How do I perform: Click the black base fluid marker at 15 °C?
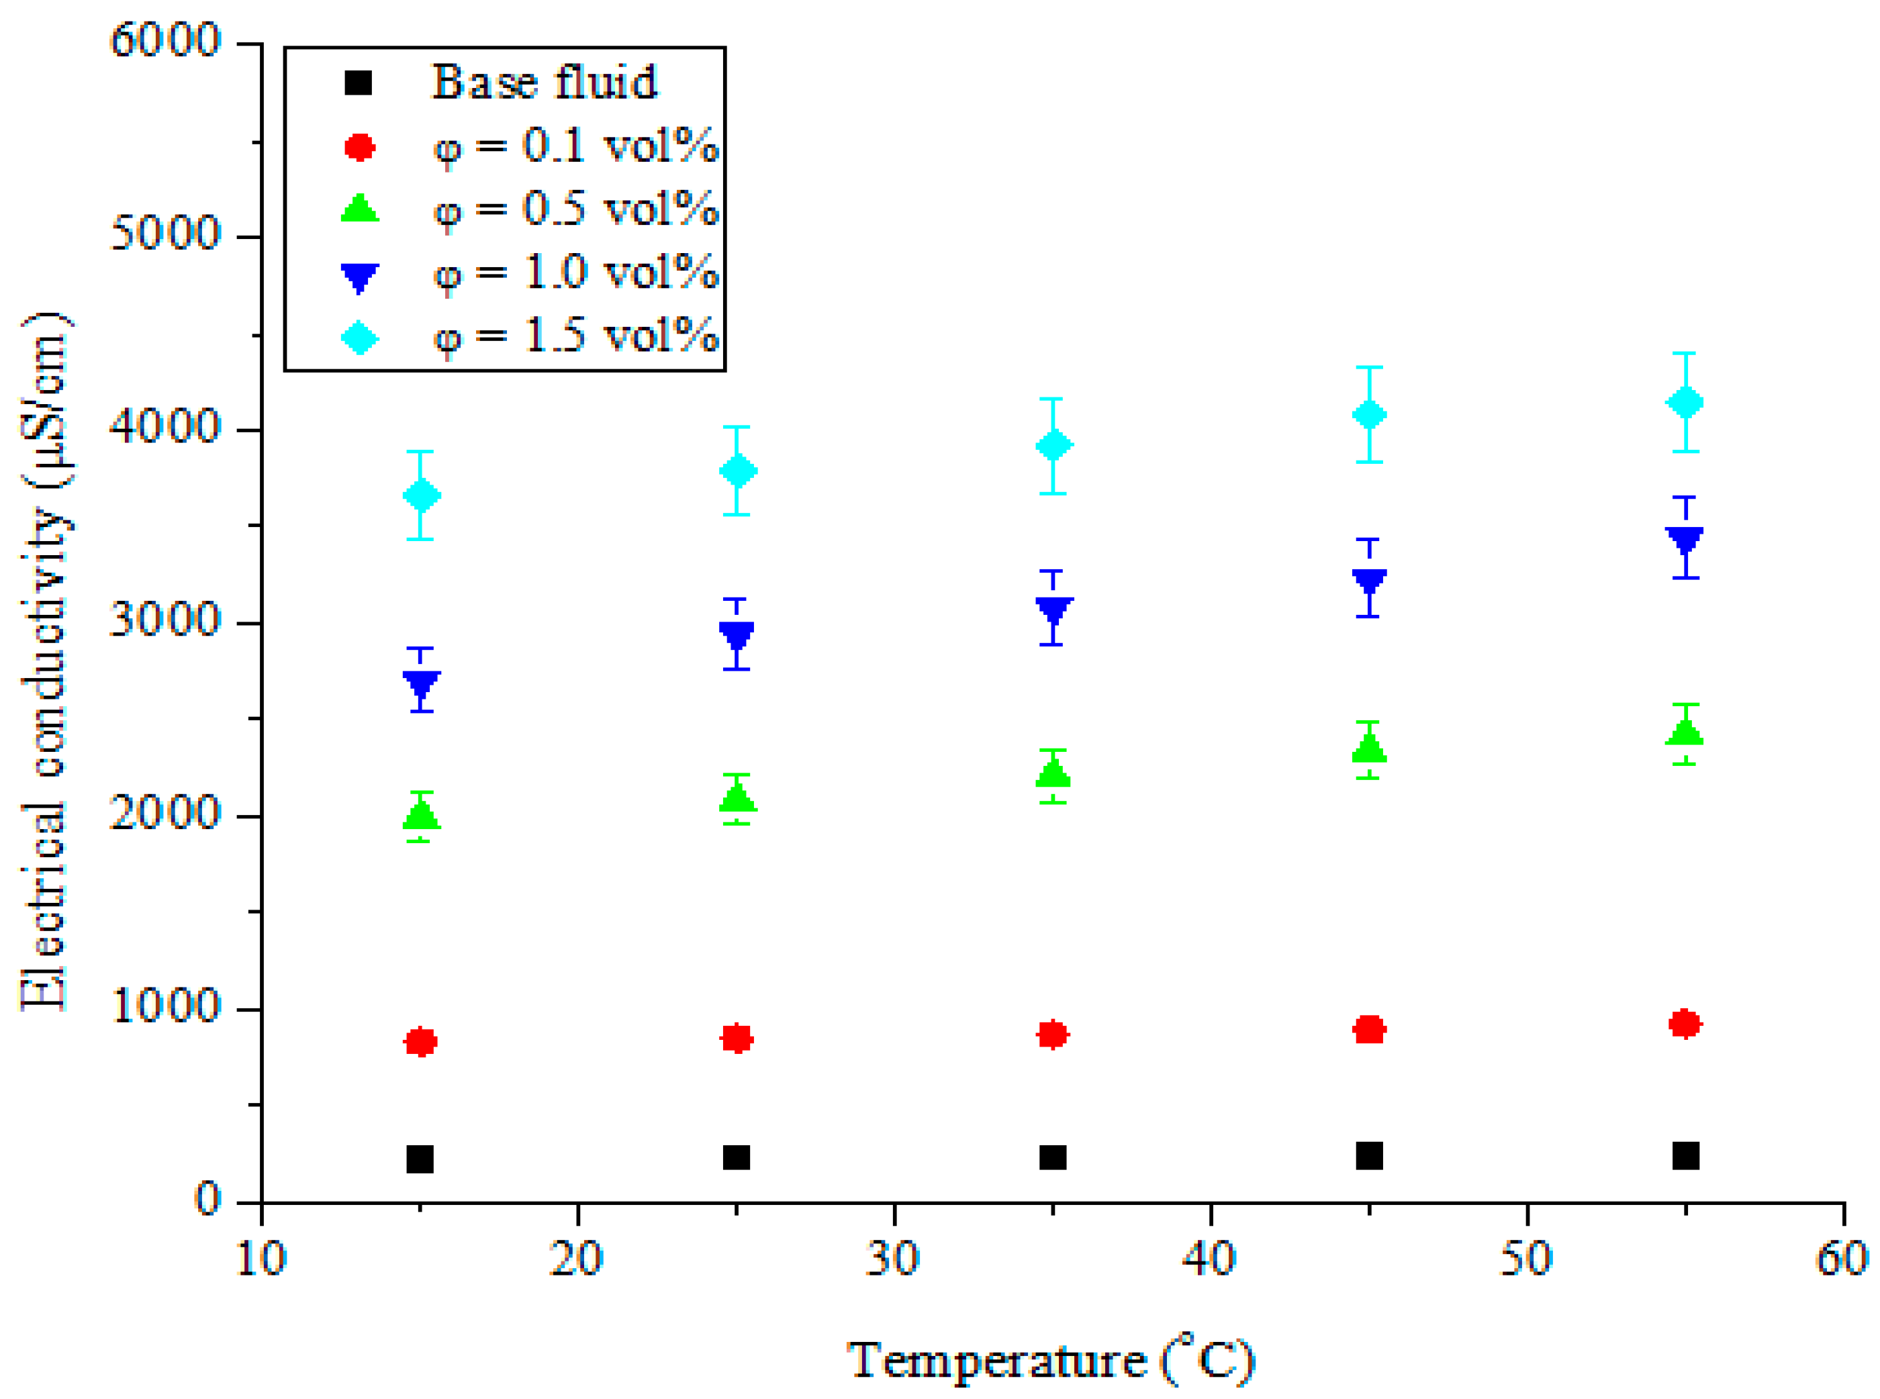[420, 1159]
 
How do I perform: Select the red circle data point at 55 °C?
[1685, 1024]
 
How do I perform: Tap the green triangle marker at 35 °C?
[1053, 772]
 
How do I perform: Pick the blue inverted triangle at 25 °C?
[737, 634]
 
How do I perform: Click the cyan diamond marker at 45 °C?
[1369, 415]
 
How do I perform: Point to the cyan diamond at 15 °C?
[421, 495]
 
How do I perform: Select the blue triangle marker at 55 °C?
[1685, 540]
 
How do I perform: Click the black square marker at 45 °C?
[1369, 1155]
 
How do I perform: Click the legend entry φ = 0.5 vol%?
[576, 208]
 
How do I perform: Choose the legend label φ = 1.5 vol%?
[576, 336]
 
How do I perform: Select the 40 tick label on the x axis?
[1209, 1260]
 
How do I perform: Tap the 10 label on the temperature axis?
[261, 1260]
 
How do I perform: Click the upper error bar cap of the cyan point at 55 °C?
[1685, 353]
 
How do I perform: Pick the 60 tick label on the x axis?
[1842, 1260]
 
